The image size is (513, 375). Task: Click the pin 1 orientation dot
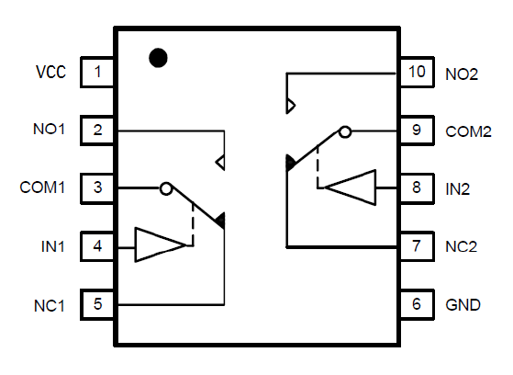158,58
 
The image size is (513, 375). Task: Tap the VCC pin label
50,72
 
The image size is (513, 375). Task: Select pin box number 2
97,131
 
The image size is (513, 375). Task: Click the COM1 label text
42,187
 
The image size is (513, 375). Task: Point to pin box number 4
97,246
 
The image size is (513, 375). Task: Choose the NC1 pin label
49,306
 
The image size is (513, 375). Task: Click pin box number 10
418,72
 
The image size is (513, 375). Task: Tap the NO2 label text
462,74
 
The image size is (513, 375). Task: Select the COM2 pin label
469,131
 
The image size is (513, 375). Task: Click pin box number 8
418,188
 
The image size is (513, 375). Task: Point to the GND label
463,305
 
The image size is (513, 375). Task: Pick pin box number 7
418,246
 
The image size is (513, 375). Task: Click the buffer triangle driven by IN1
160,244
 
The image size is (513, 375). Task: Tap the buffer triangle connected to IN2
351,187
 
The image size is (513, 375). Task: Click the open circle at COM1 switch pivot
166,188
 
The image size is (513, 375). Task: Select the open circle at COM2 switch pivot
345,132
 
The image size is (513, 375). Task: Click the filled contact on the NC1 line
220,220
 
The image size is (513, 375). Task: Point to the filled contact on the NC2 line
290,163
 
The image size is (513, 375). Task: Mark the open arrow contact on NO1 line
220,163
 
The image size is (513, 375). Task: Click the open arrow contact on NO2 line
291,106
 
